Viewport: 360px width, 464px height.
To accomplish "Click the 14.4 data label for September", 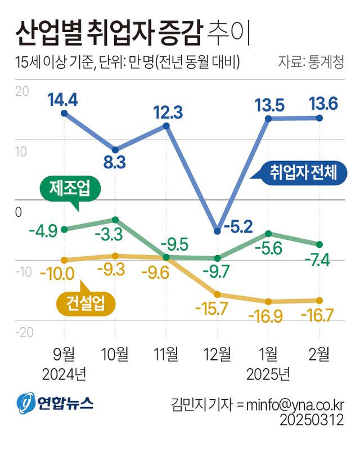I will click(62, 100).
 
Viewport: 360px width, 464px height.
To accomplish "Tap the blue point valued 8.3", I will click(115, 150).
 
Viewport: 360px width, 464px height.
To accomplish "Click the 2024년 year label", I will click(64, 373).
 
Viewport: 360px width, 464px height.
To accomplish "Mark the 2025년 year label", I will click(268, 373).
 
